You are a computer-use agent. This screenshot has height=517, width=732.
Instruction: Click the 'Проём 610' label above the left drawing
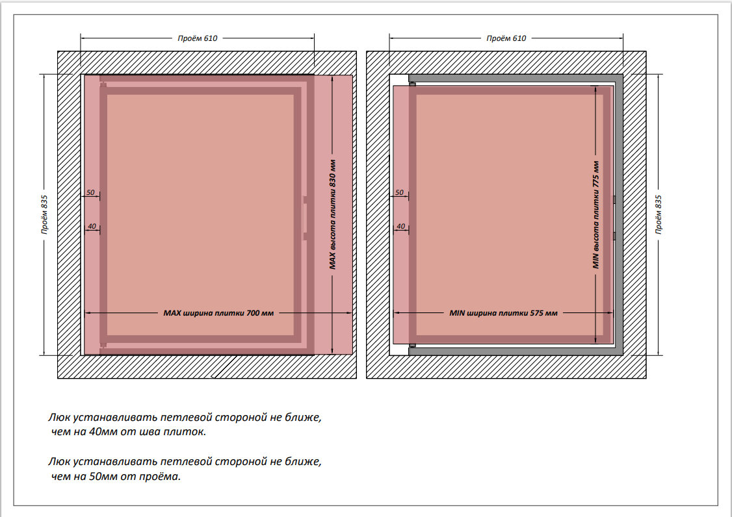(198, 38)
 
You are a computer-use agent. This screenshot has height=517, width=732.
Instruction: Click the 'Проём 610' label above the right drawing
(506, 38)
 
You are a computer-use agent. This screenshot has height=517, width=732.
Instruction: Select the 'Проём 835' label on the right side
(658, 214)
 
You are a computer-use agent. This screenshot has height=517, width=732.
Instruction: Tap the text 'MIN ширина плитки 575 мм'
(504, 313)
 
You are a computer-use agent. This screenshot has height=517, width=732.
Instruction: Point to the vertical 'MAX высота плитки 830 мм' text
(332, 214)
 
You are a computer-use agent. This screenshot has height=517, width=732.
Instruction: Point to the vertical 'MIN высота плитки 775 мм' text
(595, 214)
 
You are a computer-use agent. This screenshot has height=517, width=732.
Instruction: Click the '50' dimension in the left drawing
(90, 192)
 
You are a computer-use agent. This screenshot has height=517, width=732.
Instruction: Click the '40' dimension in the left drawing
(92, 226)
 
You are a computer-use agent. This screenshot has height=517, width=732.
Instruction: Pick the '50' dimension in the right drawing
(399, 192)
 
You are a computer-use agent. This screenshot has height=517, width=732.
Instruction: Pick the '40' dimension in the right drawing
(400, 226)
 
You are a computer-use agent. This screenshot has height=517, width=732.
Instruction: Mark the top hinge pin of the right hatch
(412, 84)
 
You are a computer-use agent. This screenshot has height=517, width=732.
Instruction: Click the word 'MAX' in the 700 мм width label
(172, 313)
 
